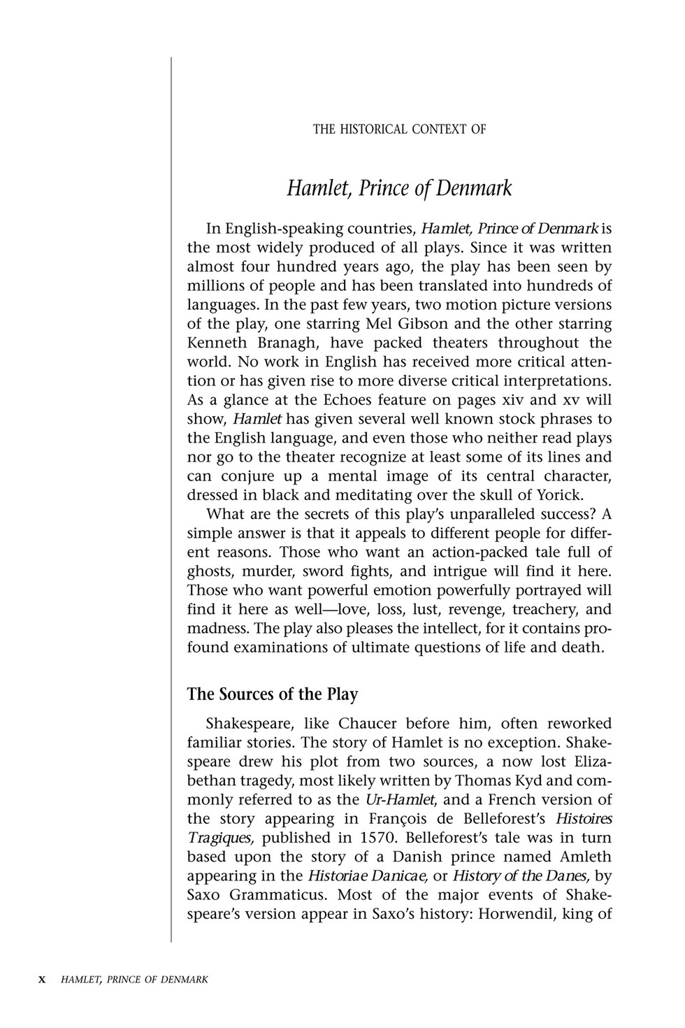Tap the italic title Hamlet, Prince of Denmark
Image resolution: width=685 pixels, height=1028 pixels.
coord(399,188)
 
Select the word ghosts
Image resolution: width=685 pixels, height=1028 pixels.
coord(210,571)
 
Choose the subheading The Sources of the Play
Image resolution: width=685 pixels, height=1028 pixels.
coord(273,694)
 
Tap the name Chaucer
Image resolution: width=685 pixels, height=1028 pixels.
coord(368,723)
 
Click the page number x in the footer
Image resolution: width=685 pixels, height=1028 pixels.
coord(42,980)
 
